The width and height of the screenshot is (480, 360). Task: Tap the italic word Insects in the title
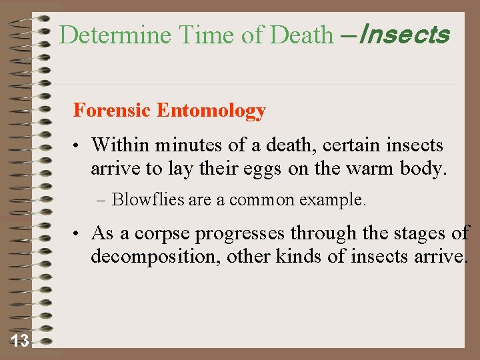404,35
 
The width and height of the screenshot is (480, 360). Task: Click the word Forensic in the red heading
112,110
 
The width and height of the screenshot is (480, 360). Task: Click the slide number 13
20,341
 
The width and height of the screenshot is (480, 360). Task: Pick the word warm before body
371,168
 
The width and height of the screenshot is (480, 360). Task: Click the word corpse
162,234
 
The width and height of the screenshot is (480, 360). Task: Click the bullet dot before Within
78,145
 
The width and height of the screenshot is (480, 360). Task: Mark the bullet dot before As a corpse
78,234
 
